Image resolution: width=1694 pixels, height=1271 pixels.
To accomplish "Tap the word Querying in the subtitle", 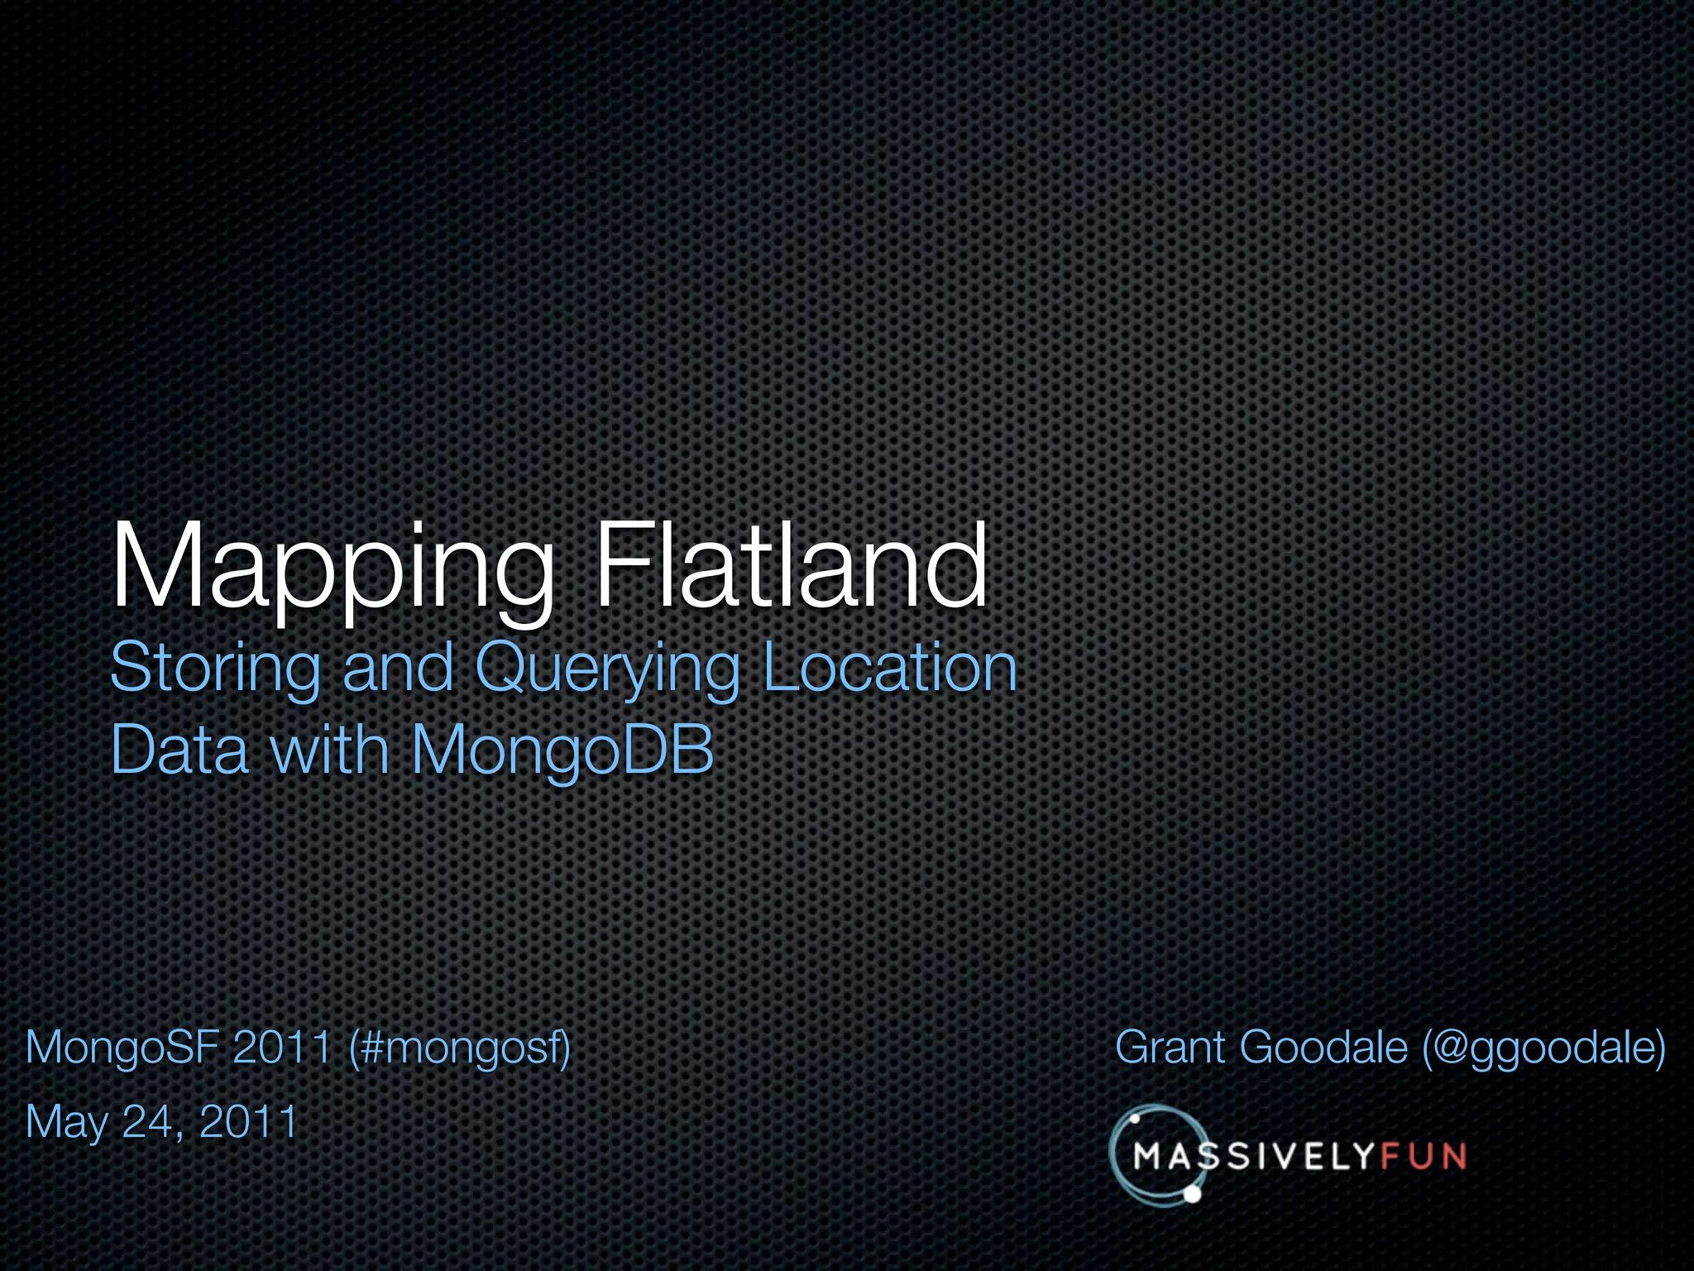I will (x=607, y=669).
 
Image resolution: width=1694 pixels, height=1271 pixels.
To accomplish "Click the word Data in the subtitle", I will (x=179, y=750).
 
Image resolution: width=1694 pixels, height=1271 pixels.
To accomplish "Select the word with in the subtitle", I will (x=329, y=750).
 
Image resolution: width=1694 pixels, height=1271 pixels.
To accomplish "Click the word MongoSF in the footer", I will (x=122, y=1048).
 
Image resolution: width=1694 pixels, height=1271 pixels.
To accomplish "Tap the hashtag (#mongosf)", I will (x=460, y=1048).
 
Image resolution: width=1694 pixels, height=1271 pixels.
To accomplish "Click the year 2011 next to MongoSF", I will (x=282, y=1047).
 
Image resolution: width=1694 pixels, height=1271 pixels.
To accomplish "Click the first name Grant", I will (x=1170, y=1048).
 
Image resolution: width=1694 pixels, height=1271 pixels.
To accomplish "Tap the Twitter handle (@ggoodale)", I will (x=1543, y=1048).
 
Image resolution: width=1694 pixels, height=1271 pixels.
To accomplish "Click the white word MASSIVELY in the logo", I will (x=1253, y=1157).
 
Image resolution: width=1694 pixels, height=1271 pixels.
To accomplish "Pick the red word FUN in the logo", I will (x=1423, y=1157).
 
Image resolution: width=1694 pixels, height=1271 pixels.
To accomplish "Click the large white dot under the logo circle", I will (x=1192, y=1194).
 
